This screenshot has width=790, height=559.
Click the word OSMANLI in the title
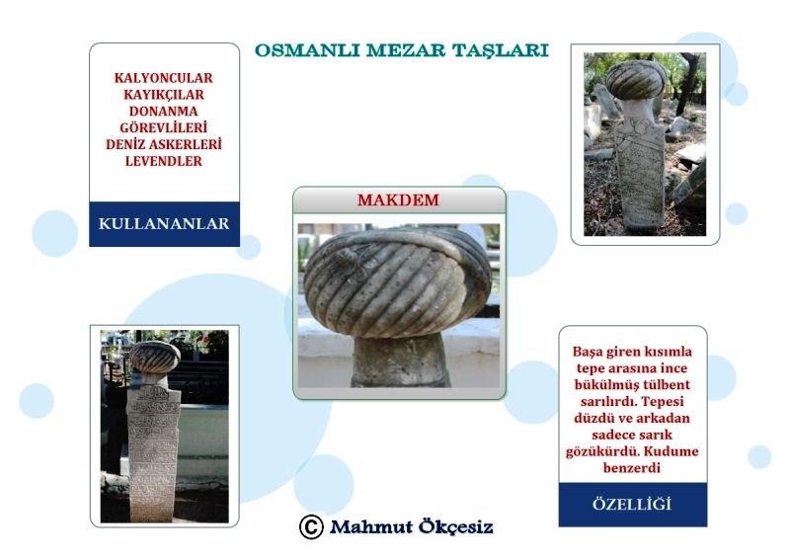click(x=307, y=50)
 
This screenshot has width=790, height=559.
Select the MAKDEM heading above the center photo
click(x=398, y=200)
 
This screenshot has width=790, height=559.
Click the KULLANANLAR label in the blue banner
click(x=164, y=223)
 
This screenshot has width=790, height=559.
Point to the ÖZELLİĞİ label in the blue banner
click(x=632, y=504)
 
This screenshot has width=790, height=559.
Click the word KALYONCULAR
click(x=164, y=78)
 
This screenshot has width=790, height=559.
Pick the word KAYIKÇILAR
click(x=164, y=95)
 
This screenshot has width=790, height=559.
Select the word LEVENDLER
click(x=164, y=161)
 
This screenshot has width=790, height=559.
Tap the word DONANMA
click(x=164, y=112)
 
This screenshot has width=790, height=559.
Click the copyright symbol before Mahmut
click(x=311, y=527)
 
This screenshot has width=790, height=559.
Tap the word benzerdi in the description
click(x=632, y=468)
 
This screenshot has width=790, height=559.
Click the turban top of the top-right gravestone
click(x=635, y=79)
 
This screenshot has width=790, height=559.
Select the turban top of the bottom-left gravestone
click(x=155, y=357)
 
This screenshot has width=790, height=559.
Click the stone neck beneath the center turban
click(x=399, y=359)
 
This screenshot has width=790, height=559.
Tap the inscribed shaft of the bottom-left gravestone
click(x=153, y=453)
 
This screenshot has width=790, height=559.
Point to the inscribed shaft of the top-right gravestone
click(x=639, y=172)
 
